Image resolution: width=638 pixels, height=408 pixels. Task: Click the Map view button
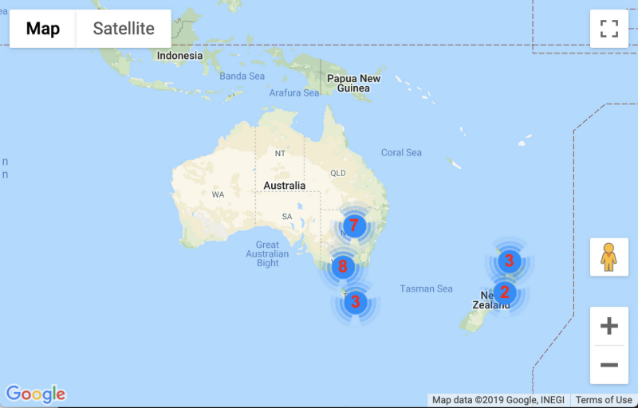pyautogui.click(x=43, y=29)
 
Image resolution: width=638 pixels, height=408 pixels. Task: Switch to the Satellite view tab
pyautogui.click(x=124, y=29)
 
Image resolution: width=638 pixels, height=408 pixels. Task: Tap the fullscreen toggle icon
pyautogui.click(x=609, y=29)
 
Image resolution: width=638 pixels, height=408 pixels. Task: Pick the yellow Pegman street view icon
pyautogui.click(x=609, y=257)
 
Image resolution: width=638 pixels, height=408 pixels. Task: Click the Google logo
pyautogui.click(x=35, y=394)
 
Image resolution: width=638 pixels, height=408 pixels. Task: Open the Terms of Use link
pyautogui.click(x=604, y=400)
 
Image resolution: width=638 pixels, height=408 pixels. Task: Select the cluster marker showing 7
pyautogui.click(x=354, y=226)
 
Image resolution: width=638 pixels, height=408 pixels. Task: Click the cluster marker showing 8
pyautogui.click(x=343, y=266)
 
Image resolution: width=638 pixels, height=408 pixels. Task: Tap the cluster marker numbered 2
pyautogui.click(x=504, y=292)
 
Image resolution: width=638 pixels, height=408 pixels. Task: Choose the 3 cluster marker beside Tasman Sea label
pyautogui.click(x=355, y=302)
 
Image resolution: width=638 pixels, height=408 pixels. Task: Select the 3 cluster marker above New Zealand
pyautogui.click(x=509, y=261)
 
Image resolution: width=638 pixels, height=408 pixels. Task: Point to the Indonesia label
pyautogui.click(x=179, y=56)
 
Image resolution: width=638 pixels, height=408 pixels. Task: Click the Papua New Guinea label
pyautogui.click(x=353, y=83)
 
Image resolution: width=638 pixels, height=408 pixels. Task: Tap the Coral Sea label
pyautogui.click(x=401, y=152)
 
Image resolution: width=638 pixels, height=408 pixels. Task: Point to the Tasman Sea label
pyautogui.click(x=426, y=288)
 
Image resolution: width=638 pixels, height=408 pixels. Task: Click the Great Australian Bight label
pyautogui.click(x=267, y=253)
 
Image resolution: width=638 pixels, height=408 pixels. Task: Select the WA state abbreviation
pyautogui.click(x=218, y=194)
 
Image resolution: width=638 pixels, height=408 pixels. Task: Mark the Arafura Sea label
pyautogui.click(x=294, y=92)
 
